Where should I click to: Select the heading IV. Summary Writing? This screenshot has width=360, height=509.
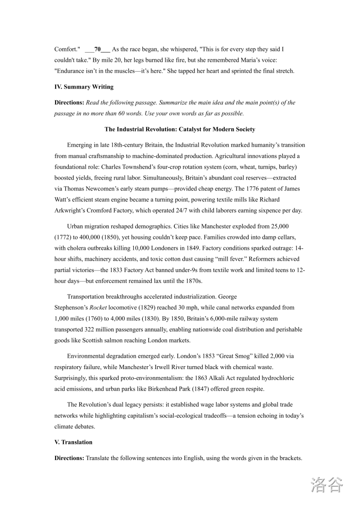(x=84, y=87)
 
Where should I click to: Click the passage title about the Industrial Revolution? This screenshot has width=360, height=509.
(x=180, y=129)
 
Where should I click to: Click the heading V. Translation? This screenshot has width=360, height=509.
(x=74, y=442)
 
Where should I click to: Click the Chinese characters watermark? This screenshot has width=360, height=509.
(x=327, y=485)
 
